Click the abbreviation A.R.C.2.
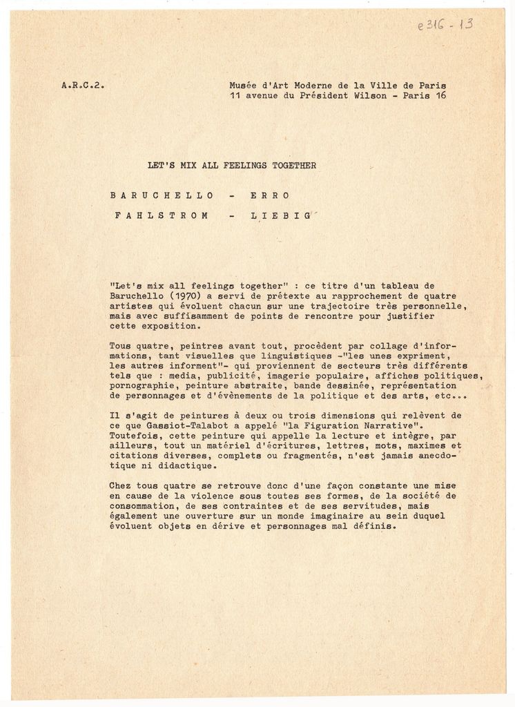tap(83, 86)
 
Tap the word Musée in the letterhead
tap(244, 86)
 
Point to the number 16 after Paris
tap(440, 95)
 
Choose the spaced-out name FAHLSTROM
tap(162, 215)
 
